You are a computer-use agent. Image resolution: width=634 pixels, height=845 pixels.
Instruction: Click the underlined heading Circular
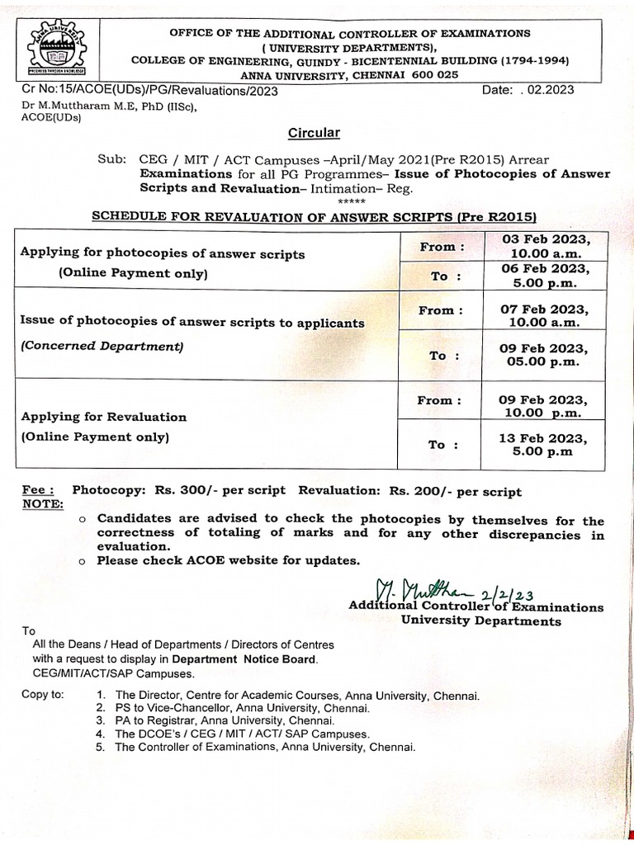(313, 133)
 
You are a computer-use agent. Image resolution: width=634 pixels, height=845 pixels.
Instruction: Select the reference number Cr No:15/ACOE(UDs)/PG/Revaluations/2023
(149, 91)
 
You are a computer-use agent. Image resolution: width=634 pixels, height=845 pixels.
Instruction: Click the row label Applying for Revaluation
(104, 417)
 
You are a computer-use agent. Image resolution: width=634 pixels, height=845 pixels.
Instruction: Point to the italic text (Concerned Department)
(102, 347)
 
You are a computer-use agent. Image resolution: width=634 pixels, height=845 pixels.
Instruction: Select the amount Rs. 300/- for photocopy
(184, 490)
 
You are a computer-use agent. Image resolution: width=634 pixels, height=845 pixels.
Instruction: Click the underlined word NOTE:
(42, 503)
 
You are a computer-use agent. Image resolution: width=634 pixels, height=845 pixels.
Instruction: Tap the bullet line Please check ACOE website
(228, 560)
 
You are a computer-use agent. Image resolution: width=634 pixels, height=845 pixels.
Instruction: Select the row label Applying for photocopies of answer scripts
(162, 254)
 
